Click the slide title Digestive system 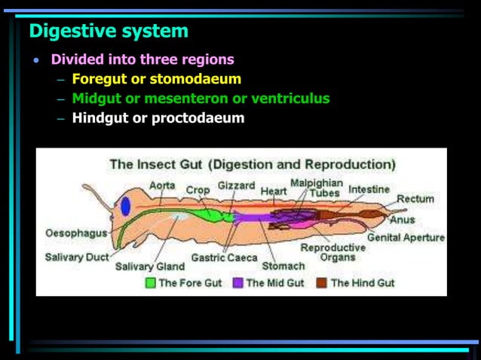(109, 32)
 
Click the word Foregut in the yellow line (99, 78)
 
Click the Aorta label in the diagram (162, 185)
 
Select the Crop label (198, 191)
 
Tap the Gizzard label (236, 185)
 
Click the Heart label (274, 191)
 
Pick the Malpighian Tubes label (317, 188)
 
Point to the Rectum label (415, 199)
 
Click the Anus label (402, 220)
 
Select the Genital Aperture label (406, 237)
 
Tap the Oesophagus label (76, 233)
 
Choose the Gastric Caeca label (224, 256)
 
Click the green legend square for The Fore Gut (150, 283)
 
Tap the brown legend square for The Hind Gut (321, 283)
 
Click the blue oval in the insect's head (124, 205)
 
